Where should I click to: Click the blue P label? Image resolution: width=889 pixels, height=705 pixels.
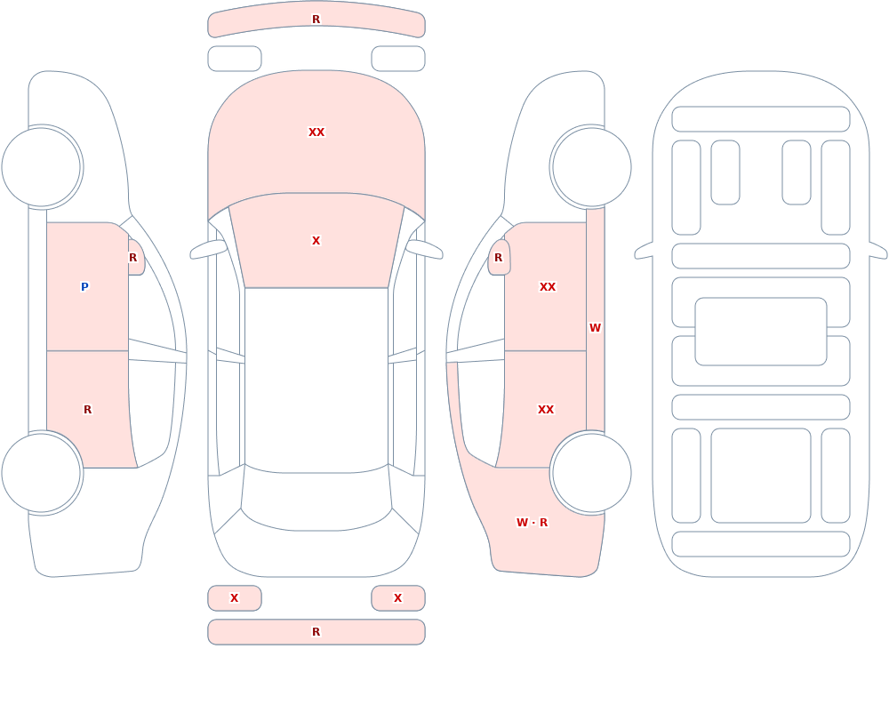tap(84, 287)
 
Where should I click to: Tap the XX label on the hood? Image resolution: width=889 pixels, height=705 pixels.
tap(316, 132)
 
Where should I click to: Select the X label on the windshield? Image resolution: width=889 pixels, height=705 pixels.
tap(316, 241)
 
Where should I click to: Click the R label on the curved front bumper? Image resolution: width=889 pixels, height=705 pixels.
tap(316, 20)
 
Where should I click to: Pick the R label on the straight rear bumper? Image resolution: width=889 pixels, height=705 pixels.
tap(316, 632)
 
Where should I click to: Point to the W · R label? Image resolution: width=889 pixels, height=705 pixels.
tap(532, 523)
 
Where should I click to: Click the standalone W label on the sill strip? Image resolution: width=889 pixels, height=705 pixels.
tap(595, 328)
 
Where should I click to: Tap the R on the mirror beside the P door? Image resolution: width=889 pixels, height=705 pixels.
tap(132, 258)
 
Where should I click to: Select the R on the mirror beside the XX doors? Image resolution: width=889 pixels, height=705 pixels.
tap(499, 258)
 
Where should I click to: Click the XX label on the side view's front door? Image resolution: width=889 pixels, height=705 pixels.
tap(548, 287)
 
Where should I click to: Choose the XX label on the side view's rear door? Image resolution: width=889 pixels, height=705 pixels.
tap(546, 410)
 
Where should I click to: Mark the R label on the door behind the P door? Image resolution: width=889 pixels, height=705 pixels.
tap(87, 410)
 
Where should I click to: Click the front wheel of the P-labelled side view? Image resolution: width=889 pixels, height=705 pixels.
tap(42, 167)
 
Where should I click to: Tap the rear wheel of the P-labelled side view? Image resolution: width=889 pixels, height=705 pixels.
tap(42, 472)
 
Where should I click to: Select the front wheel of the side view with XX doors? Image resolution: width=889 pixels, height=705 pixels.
tap(591, 167)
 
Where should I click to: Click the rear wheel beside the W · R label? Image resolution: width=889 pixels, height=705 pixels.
tap(591, 472)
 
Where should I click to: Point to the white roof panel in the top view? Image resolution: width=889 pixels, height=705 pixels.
tap(316, 379)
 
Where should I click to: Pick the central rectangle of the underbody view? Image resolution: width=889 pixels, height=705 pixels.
tap(761, 332)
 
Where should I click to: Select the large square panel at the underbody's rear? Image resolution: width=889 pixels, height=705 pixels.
tap(761, 476)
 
